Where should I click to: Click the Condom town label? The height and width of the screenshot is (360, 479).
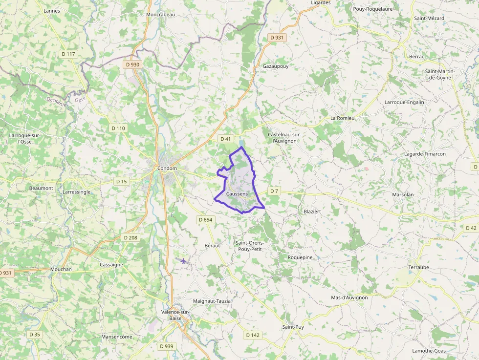coord(167,169)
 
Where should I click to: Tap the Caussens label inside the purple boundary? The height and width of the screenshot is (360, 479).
coord(237,194)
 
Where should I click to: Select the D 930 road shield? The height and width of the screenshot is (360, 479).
coord(132,64)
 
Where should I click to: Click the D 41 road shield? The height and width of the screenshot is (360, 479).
coord(225,139)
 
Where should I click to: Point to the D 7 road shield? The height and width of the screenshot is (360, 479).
coord(274,191)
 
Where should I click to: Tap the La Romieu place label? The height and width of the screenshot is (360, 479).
coord(342,118)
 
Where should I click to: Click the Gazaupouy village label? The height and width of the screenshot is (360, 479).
coord(276,66)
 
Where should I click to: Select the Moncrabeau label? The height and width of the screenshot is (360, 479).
coord(160,15)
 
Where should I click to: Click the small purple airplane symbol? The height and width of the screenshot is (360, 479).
coord(183,261)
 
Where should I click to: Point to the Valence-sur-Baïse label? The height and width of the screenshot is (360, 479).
coord(175,315)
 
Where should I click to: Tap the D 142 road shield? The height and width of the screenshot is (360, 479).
coord(252,335)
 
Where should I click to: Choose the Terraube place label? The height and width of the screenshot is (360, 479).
coord(418,268)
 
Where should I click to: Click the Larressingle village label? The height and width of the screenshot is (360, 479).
coord(76,192)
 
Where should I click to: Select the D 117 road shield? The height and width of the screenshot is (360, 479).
coord(68,54)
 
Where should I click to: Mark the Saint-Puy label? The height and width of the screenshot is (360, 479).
coord(293,327)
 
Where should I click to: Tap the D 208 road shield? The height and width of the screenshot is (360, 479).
coord(131,237)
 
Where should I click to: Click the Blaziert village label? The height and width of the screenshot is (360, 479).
coord(312,212)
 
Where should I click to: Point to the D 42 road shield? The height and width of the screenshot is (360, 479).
coord(471,228)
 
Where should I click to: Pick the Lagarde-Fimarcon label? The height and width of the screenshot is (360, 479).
coord(425,154)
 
